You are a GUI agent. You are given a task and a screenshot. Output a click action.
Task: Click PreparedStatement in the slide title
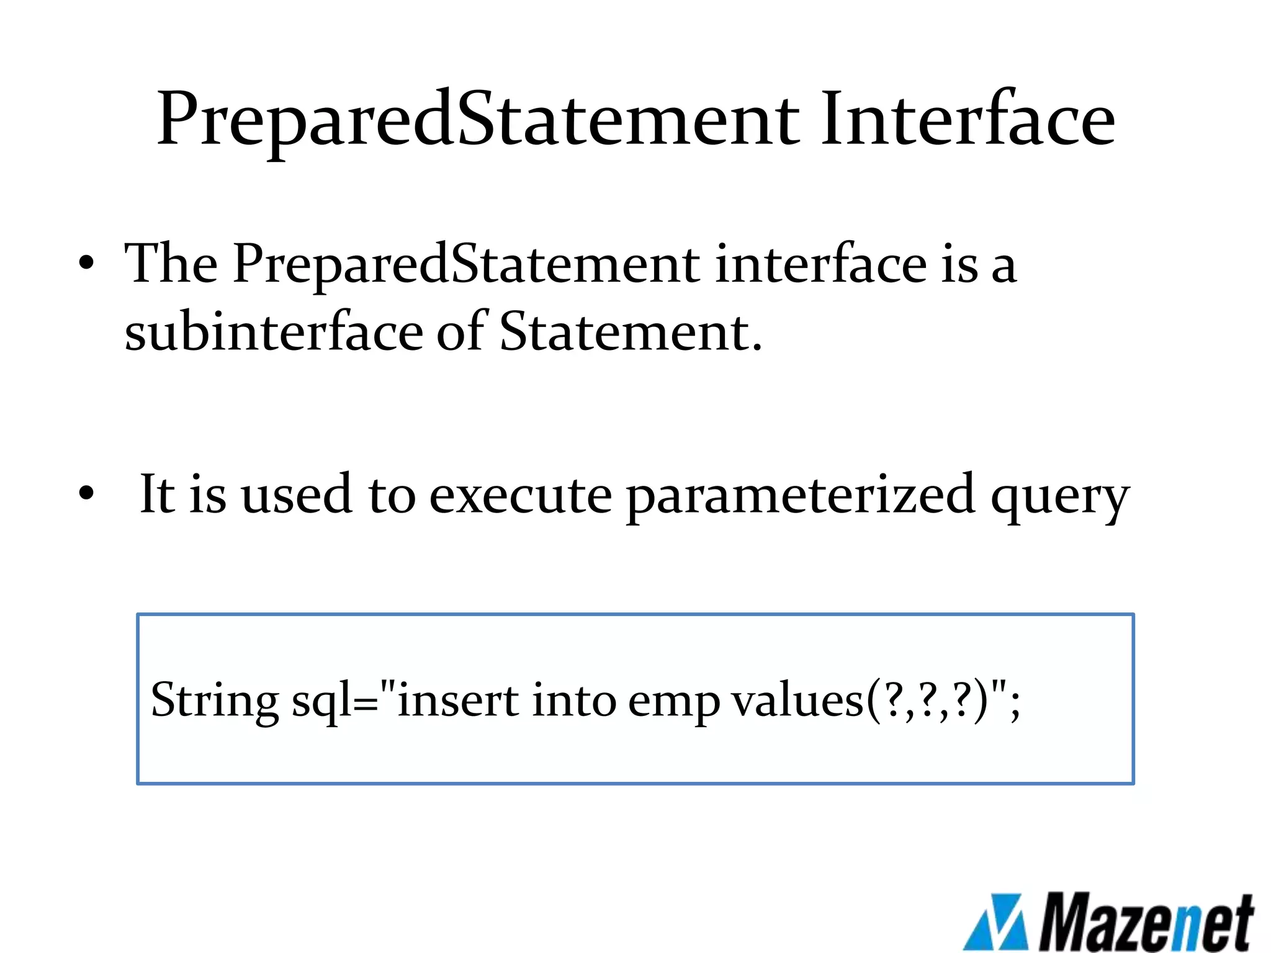click(478, 119)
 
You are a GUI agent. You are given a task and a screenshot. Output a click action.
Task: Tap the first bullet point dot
click(86, 263)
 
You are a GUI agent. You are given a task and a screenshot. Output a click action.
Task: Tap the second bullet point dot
click(86, 493)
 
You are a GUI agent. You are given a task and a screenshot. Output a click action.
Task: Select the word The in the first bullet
click(171, 263)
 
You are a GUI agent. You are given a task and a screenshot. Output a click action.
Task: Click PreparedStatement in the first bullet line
click(466, 264)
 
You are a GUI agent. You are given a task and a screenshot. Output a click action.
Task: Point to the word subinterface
click(274, 331)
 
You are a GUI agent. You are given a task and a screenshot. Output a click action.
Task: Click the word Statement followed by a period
click(631, 331)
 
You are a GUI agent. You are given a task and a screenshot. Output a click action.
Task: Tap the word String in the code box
click(215, 700)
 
